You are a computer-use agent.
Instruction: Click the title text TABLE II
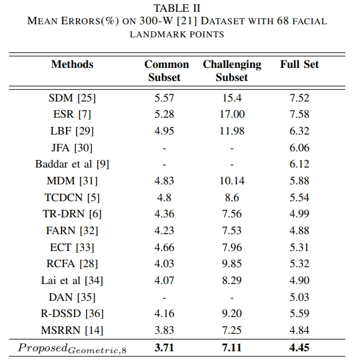177,9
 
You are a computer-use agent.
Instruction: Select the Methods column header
72,64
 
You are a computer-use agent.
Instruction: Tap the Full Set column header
299,64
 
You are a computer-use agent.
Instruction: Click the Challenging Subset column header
232,71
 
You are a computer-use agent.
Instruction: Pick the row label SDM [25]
72,98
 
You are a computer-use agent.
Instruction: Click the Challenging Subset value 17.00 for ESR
232,114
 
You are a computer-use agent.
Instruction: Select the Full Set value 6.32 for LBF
299,131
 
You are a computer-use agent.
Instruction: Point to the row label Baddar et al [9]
72,164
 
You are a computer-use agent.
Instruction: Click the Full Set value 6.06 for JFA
299,148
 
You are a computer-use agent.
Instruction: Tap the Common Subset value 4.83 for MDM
164,181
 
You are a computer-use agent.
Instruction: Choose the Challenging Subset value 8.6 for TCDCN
232,197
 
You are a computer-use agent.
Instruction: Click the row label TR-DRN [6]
72,214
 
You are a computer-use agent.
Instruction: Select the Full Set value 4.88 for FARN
299,230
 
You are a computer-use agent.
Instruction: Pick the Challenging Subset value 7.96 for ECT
232,247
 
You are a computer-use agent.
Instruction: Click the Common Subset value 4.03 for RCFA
164,263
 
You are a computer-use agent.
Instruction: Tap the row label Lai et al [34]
72,280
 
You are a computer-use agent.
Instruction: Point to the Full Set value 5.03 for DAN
299,297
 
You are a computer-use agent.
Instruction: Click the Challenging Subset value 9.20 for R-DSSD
232,313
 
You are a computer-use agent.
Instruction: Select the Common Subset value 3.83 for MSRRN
164,330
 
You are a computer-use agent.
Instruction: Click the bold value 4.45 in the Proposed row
299,348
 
